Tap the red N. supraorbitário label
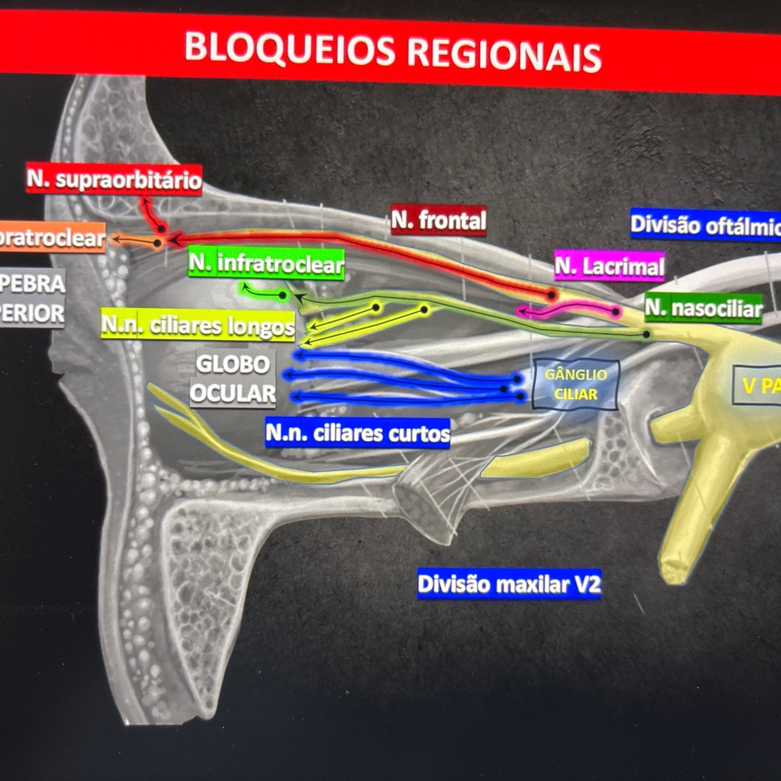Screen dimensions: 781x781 pos(114,179)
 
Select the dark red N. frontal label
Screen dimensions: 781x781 pos(439,220)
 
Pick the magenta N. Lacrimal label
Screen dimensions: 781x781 pos(609,266)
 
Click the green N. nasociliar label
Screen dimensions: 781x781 pos(703,308)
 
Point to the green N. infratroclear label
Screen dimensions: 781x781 pos(266,264)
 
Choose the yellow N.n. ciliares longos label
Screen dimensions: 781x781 pos(198,325)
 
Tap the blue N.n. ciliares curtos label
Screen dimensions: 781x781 pos(358,433)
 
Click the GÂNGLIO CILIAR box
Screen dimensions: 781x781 pos(576,385)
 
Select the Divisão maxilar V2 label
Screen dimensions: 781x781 pos(509,584)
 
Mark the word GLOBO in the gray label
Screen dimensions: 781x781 pos(232,364)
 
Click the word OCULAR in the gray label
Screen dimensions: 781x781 pos(232,393)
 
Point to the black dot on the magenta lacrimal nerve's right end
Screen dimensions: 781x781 pos(615,311)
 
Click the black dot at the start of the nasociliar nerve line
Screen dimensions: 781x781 pos(646,334)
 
